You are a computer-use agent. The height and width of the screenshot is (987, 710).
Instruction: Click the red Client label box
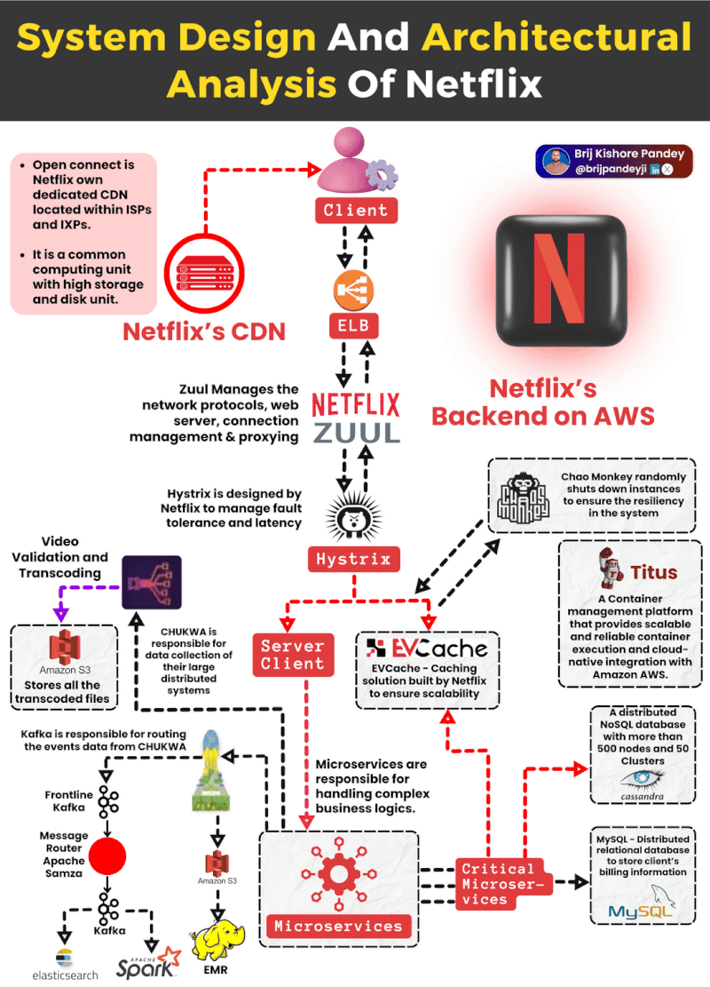(x=356, y=211)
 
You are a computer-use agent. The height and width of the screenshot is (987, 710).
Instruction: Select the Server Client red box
(x=292, y=655)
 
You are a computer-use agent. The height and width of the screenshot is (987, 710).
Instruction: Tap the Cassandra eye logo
(x=643, y=780)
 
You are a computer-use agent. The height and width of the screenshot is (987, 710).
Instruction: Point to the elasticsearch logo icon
(x=64, y=958)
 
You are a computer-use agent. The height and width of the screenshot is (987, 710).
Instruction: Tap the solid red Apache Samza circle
(x=108, y=856)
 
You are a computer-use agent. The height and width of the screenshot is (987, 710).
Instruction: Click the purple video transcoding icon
(x=151, y=581)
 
